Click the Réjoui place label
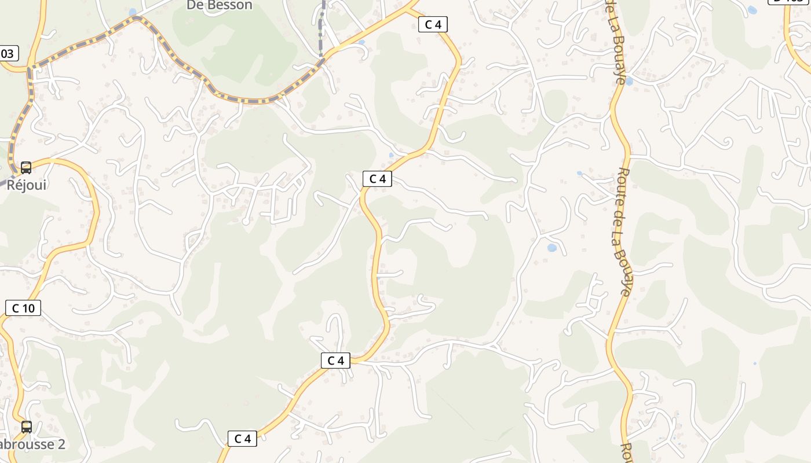(x=27, y=185)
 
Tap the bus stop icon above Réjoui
(x=26, y=168)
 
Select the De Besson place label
(x=220, y=6)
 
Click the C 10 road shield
(x=23, y=308)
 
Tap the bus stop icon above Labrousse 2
(x=27, y=427)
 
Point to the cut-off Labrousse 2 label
(x=32, y=444)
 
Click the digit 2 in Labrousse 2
(x=60, y=444)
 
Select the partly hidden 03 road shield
(x=8, y=54)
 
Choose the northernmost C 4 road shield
(x=433, y=24)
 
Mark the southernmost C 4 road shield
(x=242, y=439)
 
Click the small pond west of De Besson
(x=133, y=12)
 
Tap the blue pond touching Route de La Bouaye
(x=629, y=82)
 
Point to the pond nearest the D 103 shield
(x=752, y=10)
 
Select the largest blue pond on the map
(x=551, y=248)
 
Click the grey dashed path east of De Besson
(x=322, y=29)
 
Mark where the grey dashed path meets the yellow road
(x=322, y=58)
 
